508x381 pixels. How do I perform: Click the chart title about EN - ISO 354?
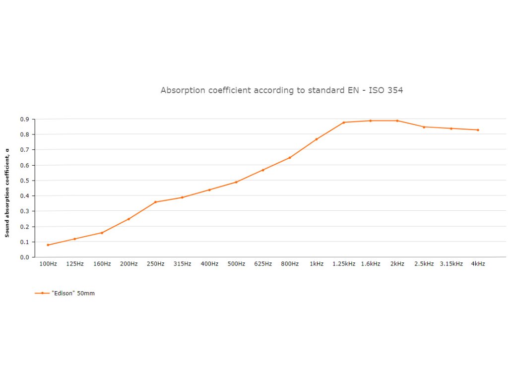click(x=282, y=90)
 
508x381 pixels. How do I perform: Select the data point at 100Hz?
click(x=48, y=245)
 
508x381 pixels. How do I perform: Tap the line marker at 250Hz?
click(x=155, y=202)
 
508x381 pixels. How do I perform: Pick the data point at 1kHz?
click(x=317, y=139)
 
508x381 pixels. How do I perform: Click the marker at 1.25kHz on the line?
click(x=344, y=123)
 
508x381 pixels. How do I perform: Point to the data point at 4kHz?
click(x=478, y=130)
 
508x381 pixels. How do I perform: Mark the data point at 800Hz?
click(x=290, y=158)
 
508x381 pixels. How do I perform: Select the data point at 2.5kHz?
click(x=424, y=127)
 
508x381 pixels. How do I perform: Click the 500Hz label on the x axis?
click(x=236, y=264)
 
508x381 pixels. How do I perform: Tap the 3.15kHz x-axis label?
click(x=451, y=264)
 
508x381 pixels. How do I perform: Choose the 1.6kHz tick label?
click(x=371, y=264)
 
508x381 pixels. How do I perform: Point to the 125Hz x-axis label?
click(x=75, y=264)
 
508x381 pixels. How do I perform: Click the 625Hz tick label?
click(x=263, y=264)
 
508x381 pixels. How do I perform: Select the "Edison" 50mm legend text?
click(x=73, y=293)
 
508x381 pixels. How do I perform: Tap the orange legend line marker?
click(x=42, y=293)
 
